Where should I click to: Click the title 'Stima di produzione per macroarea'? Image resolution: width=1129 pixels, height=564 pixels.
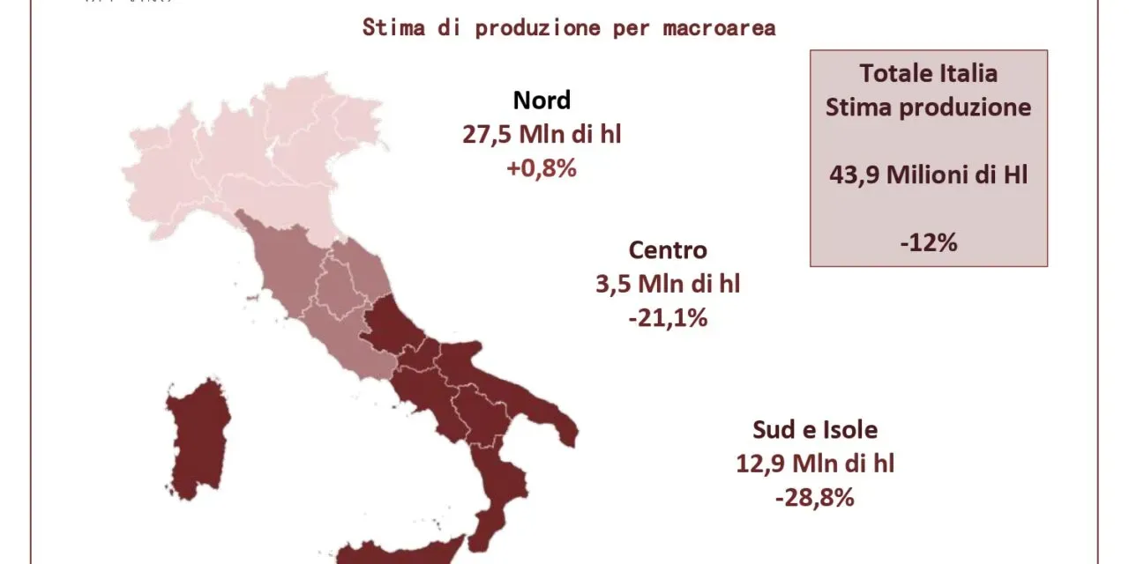pyautogui.click(x=569, y=27)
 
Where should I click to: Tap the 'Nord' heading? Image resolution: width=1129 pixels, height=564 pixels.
pyautogui.click(x=542, y=100)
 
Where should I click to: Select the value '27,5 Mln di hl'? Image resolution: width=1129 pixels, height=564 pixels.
pyautogui.click(x=542, y=134)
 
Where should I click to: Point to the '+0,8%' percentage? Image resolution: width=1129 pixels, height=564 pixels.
pyautogui.click(x=542, y=167)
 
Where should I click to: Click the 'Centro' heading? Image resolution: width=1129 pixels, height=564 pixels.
pyautogui.click(x=668, y=250)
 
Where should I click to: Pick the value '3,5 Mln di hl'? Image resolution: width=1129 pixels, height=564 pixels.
pyautogui.click(x=668, y=284)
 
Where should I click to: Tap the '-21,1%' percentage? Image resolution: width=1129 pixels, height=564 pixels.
pyautogui.click(x=668, y=317)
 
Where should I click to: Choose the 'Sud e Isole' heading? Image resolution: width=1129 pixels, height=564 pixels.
pyautogui.click(x=815, y=430)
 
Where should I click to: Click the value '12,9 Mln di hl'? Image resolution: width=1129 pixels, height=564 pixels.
pyautogui.click(x=815, y=464)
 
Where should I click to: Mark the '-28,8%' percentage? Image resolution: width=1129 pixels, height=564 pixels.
pyautogui.click(x=815, y=497)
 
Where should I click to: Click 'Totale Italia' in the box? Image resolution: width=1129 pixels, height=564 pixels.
pyautogui.click(x=929, y=73)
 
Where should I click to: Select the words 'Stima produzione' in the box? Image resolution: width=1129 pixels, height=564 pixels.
pyautogui.click(x=929, y=108)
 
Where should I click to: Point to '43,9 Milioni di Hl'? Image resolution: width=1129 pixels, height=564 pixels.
pyautogui.click(x=929, y=174)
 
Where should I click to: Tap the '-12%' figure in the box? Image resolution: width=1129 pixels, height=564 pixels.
pyautogui.click(x=929, y=243)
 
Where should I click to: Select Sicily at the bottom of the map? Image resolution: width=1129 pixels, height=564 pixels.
pyautogui.click(x=388, y=553)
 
